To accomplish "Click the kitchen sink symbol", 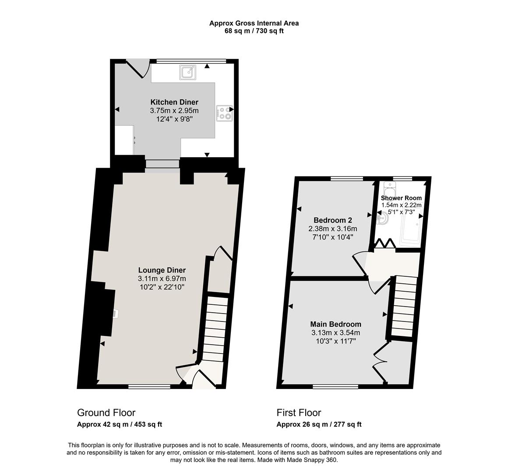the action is pyautogui.click(x=188, y=72).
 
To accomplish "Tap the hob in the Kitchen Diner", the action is pyautogui.click(x=224, y=113).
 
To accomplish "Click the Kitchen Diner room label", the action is pyautogui.click(x=174, y=102).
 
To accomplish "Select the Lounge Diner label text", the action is pyautogui.click(x=162, y=270).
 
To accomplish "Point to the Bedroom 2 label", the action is pyautogui.click(x=333, y=220).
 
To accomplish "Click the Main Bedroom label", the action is pyautogui.click(x=335, y=324).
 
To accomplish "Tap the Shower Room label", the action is pyautogui.click(x=402, y=198).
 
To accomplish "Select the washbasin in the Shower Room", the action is pyautogui.click(x=383, y=218).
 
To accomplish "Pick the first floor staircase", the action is pyautogui.click(x=404, y=307).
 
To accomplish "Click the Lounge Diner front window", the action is pyautogui.click(x=149, y=386).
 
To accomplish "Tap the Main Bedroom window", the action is pyautogui.click(x=335, y=386).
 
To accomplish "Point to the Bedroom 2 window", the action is pyautogui.click(x=347, y=178).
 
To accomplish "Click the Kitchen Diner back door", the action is pyautogui.click(x=138, y=68).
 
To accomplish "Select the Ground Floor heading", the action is pyautogui.click(x=106, y=413).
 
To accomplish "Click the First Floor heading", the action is pyautogui.click(x=299, y=413).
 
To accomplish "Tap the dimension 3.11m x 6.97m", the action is pyautogui.click(x=162, y=279).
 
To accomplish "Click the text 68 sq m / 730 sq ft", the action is pyautogui.click(x=254, y=31).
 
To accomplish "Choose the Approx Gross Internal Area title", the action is pyautogui.click(x=254, y=23).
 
